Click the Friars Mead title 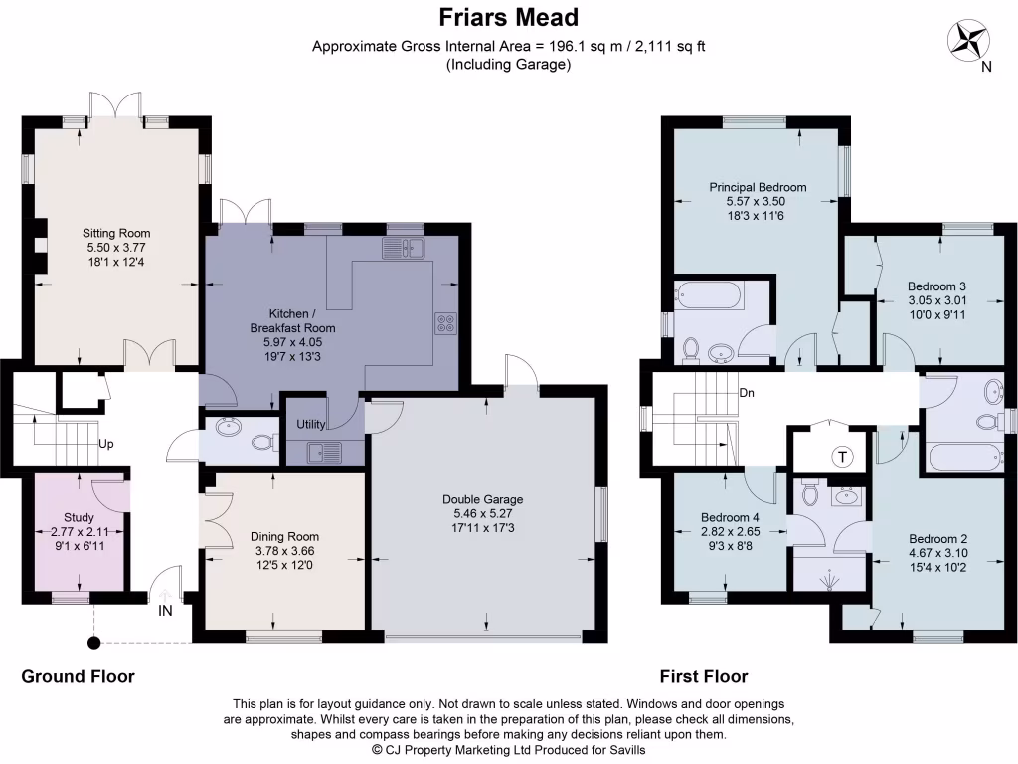click(509, 18)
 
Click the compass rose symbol click(968, 40)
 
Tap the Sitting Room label click(116, 234)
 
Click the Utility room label click(311, 424)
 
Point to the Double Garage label click(482, 499)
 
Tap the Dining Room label click(284, 536)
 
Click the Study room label click(79, 517)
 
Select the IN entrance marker click(165, 610)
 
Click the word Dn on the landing click(747, 392)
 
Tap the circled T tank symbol click(843, 457)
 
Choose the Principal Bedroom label click(757, 187)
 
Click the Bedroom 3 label click(936, 286)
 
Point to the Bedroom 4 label click(729, 518)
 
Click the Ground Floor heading click(78, 677)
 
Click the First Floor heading click(704, 677)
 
